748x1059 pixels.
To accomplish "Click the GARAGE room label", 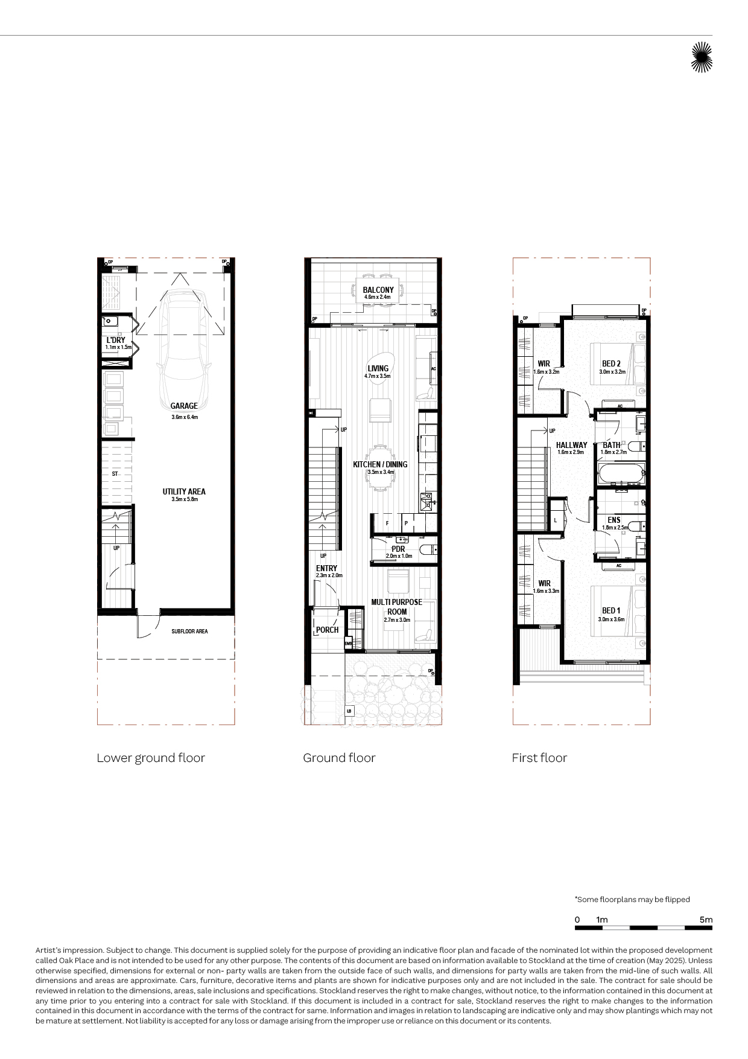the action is click(184, 406).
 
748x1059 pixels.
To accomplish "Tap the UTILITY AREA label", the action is click(184, 491).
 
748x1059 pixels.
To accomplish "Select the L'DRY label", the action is click(116, 340).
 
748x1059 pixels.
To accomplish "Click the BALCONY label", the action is click(378, 290).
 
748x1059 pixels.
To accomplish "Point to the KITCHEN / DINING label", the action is click(380, 464).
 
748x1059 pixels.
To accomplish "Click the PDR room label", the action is click(398, 549).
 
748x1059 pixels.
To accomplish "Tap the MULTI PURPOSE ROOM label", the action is click(397, 607).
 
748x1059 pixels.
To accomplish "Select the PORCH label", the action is click(328, 630).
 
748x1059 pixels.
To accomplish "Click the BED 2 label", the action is click(611, 363).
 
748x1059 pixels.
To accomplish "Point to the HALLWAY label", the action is click(571, 445).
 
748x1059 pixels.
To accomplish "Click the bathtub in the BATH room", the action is click(621, 473).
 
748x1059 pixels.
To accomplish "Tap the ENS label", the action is click(614, 520).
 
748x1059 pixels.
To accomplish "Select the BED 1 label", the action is click(611, 610).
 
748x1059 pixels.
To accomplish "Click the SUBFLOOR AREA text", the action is click(189, 632).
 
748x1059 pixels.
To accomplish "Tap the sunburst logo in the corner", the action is click(702, 57).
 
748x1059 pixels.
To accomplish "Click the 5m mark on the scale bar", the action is click(706, 920).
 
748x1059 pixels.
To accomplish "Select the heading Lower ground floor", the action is click(151, 758).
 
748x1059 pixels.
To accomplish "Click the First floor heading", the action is click(539, 758).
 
